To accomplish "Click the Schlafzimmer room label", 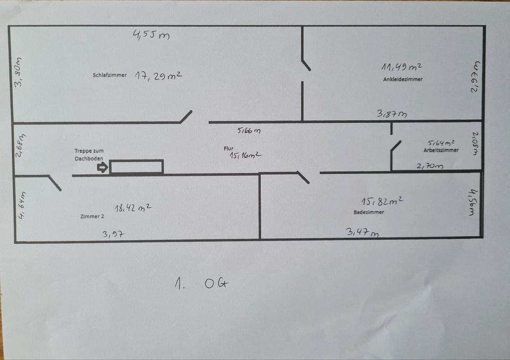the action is [x=109, y=76].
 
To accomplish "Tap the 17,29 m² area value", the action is [x=158, y=76].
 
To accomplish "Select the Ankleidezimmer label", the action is [x=403, y=79].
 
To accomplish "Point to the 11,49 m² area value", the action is [x=402, y=67].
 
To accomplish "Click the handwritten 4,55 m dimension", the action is [x=151, y=36].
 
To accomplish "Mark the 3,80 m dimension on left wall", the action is [x=19, y=72].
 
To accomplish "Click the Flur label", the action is [x=229, y=149].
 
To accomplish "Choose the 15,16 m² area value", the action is [x=245, y=156].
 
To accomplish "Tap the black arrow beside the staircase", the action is [x=102, y=168].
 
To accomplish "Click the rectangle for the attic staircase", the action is [x=137, y=166].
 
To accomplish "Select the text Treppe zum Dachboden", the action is [x=89, y=154].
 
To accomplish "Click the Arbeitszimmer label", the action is [x=441, y=150].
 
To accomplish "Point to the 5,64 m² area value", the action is [x=441, y=143].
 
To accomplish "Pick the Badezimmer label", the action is [x=369, y=212].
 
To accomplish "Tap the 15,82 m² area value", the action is [x=381, y=202].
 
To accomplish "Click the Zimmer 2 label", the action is [x=91, y=217].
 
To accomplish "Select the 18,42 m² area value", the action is [x=132, y=208].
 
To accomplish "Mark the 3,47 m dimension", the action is [x=362, y=232].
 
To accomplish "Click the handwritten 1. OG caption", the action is [x=202, y=284].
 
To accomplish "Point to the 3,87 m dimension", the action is [x=392, y=113].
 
